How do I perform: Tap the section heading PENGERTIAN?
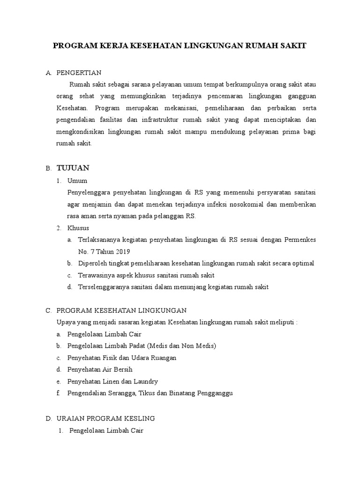(79, 73)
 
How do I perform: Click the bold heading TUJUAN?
(73, 168)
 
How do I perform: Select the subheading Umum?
(77, 180)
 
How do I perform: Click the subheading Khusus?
(79, 228)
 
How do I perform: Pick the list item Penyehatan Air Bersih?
(100, 369)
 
